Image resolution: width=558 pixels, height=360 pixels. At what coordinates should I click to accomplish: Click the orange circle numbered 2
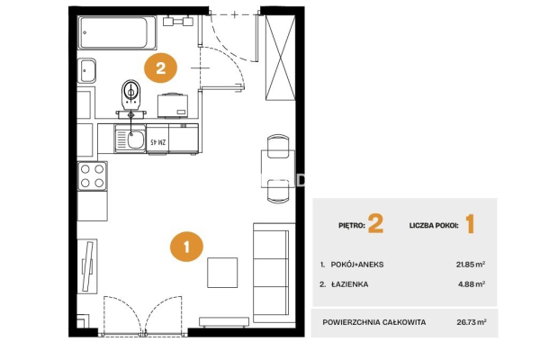coord(160,67)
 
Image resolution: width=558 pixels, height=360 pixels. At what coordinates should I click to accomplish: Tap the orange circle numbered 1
coord(187,247)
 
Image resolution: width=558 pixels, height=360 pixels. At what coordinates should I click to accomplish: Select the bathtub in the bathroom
coord(117,32)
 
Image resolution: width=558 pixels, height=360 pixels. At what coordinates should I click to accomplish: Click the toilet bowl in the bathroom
coord(131,94)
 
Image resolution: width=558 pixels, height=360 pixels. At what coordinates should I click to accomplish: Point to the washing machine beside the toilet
coord(173,105)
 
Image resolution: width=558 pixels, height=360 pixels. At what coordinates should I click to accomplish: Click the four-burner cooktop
coord(92,175)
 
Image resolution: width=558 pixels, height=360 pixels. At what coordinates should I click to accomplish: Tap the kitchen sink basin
coord(136,140)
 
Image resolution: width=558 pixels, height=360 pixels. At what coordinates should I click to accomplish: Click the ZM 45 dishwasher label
coord(157,142)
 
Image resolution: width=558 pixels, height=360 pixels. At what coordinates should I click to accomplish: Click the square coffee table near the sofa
coord(222,273)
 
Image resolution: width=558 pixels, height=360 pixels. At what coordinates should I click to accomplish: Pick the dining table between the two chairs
coord(277,168)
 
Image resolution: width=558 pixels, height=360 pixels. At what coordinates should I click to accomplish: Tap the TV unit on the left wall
coord(87,266)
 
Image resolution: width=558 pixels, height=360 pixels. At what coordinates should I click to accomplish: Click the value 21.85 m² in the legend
coord(471,265)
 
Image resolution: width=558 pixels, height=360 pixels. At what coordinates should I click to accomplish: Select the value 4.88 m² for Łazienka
coord(472,284)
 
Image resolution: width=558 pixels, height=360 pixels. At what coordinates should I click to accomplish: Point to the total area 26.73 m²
coord(472,322)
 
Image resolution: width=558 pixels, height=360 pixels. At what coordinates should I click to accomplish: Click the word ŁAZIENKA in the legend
coord(349,284)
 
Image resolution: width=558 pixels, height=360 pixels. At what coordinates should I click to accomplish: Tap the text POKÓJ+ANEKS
coord(357,265)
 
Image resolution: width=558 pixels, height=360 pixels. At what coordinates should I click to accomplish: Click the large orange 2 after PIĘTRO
coord(375,224)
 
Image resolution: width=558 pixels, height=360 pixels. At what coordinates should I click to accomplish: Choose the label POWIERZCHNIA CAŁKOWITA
coord(374,322)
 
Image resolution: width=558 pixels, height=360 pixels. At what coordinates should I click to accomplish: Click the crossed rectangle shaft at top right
coord(281,58)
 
